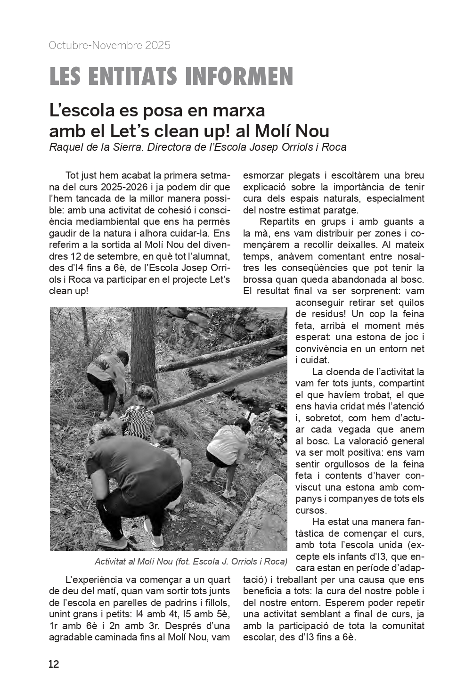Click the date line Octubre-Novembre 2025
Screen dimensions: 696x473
(x=109, y=46)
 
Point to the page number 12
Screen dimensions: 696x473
(x=54, y=664)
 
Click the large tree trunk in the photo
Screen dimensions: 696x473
(x=143, y=349)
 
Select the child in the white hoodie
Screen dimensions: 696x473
(x=228, y=445)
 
